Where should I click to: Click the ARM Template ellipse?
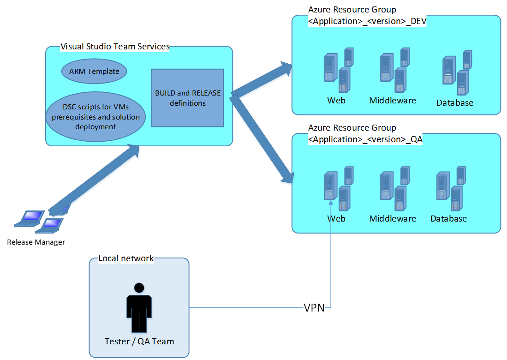(94, 71)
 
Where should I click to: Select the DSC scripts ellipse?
(95, 117)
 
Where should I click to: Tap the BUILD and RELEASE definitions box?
(187, 98)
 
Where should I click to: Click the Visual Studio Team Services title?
(115, 47)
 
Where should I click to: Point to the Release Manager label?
(36, 242)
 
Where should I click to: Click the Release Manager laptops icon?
(40, 219)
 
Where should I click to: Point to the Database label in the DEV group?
(455, 103)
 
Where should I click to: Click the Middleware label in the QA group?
(393, 218)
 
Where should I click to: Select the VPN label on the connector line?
(314, 308)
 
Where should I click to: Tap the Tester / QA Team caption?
(139, 342)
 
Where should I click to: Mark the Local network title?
(126, 258)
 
